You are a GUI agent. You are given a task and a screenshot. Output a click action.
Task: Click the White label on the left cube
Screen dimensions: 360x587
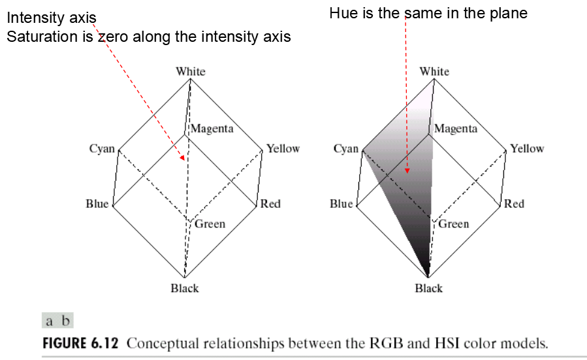click(x=190, y=71)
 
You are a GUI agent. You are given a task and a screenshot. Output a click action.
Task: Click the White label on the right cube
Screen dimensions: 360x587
click(x=434, y=71)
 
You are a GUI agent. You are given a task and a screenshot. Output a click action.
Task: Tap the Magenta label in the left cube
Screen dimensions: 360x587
click(x=212, y=129)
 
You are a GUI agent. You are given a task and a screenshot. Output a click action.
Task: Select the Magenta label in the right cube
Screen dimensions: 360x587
click(x=456, y=129)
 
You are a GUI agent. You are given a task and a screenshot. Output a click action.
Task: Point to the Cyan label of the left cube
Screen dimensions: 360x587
click(x=102, y=149)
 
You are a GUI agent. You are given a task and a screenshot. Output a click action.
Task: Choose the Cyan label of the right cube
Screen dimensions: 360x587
click(x=346, y=149)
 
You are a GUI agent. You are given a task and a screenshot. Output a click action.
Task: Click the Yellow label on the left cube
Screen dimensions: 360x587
click(x=283, y=149)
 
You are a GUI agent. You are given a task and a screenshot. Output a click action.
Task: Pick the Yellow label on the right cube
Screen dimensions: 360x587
click(x=527, y=149)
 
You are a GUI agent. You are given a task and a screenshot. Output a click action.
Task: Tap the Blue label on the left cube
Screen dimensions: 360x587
click(x=97, y=204)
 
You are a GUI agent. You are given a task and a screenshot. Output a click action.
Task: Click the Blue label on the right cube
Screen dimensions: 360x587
click(x=341, y=204)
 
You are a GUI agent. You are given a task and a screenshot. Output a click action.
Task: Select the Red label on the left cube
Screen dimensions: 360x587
click(x=270, y=204)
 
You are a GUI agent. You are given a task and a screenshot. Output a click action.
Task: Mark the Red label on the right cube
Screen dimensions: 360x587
click(x=515, y=204)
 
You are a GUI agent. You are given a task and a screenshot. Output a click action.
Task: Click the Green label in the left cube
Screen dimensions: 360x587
click(x=210, y=224)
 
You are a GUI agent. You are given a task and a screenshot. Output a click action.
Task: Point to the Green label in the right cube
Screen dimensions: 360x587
click(x=454, y=224)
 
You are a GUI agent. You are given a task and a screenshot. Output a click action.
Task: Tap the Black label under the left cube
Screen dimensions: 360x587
click(x=185, y=288)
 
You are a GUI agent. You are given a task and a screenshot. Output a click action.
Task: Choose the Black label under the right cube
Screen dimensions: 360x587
click(x=429, y=288)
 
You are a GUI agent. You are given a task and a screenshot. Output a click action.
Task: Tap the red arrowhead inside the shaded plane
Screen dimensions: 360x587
click(x=406, y=171)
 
